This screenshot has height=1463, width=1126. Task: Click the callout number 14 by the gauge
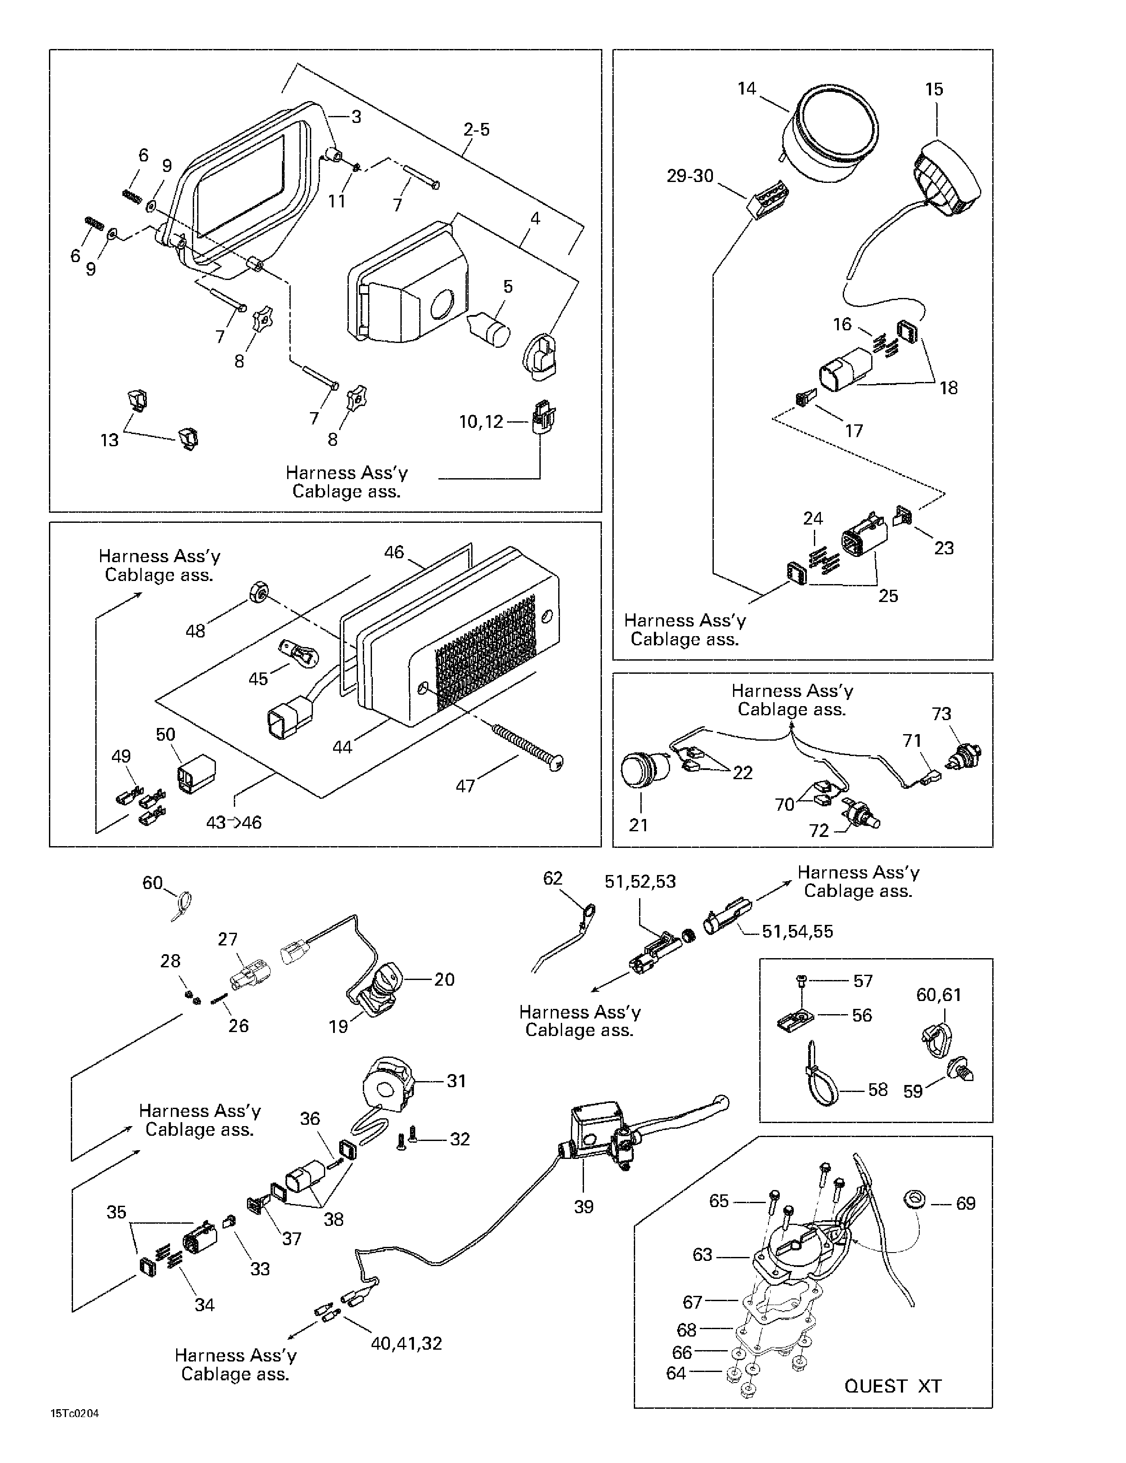coord(747,88)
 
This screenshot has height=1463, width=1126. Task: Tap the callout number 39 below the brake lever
coord(584,1207)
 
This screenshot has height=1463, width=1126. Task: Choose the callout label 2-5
coord(476,129)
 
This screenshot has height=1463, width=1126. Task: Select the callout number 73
coord(941,714)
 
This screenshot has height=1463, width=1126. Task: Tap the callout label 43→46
coord(233,822)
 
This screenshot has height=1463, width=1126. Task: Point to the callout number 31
coord(456,1081)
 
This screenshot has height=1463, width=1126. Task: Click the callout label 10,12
coord(481,422)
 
